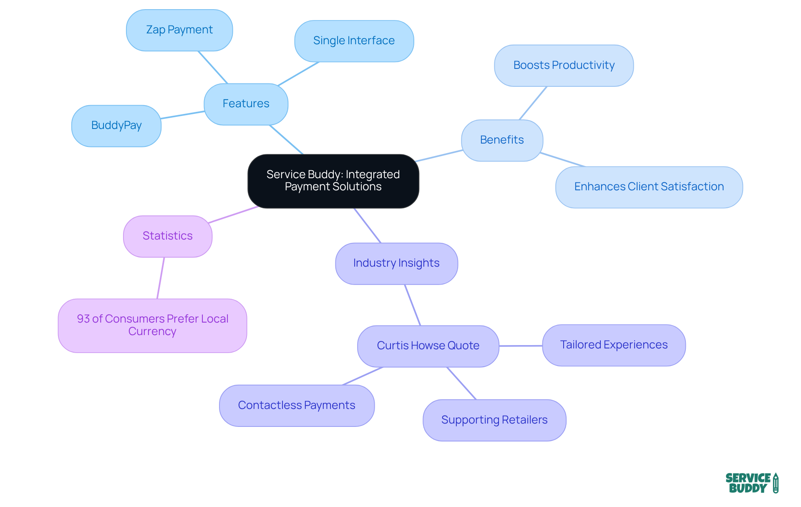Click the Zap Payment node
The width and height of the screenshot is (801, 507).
(x=179, y=30)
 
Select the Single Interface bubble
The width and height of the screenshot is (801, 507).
(x=354, y=41)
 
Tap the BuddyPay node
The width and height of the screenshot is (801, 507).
(x=116, y=126)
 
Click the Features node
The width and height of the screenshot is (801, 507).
(x=246, y=104)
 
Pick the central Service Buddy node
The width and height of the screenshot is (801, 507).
(x=333, y=181)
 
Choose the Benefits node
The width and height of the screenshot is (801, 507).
(x=502, y=140)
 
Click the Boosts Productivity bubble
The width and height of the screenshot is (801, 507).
(x=564, y=66)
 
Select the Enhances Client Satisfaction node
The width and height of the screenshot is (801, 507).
(x=649, y=187)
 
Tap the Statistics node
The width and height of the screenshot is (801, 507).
(x=168, y=236)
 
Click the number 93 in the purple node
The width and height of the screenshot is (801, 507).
(x=83, y=319)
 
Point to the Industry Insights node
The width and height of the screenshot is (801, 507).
(x=396, y=263)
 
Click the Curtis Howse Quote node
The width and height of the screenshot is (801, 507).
(x=428, y=346)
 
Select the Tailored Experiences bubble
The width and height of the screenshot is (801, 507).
(x=614, y=345)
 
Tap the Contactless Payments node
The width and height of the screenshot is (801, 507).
(x=297, y=406)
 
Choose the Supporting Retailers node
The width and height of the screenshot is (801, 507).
(x=494, y=420)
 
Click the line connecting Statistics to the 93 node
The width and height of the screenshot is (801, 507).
(x=161, y=278)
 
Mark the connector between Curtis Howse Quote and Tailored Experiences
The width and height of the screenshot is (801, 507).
(x=521, y=346)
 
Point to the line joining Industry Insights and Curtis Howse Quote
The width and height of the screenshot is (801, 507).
(x=413, y=305)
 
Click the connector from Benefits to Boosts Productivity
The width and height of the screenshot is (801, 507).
(x=533, y=103)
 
